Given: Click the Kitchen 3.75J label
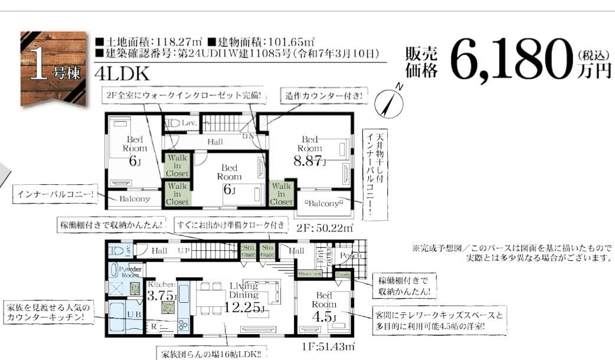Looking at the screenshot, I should (x=162, y=292).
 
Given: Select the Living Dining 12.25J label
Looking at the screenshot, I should (x=244, y=298).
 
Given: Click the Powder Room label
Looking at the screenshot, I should (x=130, y=271).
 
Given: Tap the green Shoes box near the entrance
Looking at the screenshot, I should (x=309, y=274).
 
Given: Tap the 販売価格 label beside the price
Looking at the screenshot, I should (x=421, y=61).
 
